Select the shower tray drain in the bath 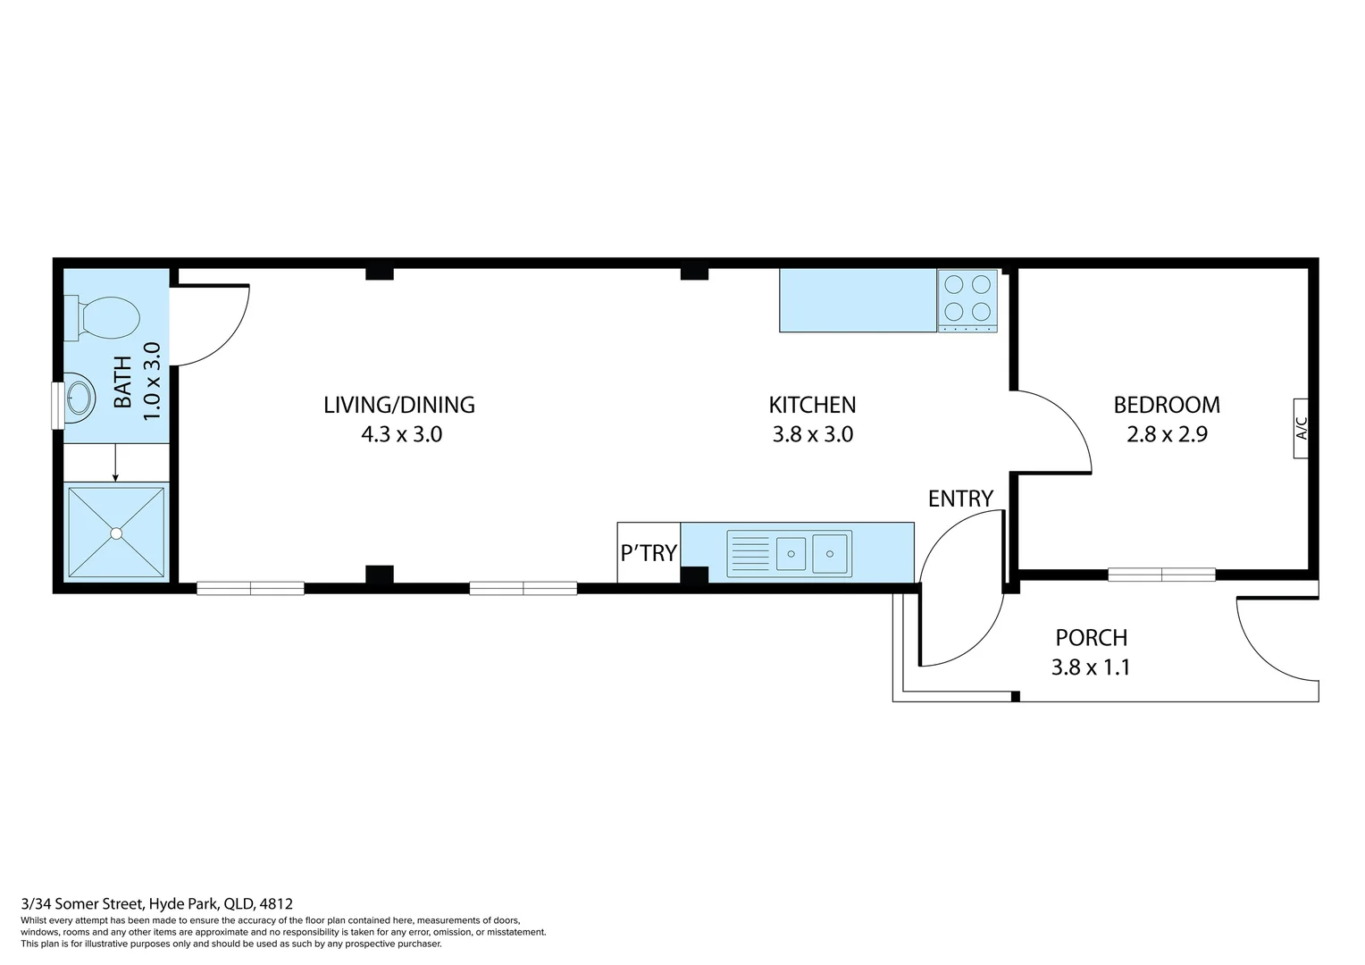116,533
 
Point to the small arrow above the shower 115,465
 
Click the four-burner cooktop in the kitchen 967,298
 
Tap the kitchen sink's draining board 749,552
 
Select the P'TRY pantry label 649,553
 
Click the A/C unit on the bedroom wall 1301,428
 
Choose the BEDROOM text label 1167,405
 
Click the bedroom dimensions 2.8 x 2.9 1167,435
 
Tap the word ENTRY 960,499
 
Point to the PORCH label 1091,638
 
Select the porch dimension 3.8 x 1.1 1091,667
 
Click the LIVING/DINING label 398,405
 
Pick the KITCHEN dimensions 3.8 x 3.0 812,435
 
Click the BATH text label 122,382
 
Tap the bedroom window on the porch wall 1161,575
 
